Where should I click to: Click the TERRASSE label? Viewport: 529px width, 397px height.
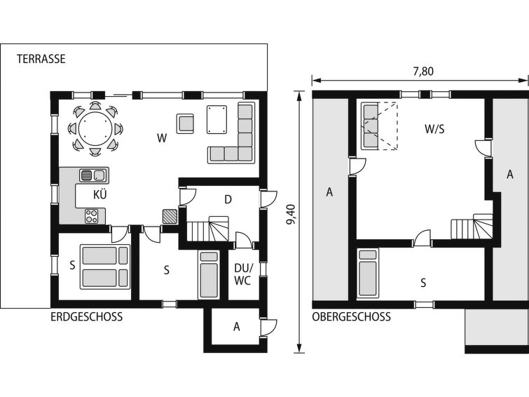point(41,59)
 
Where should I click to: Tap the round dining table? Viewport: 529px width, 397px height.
point(95,129)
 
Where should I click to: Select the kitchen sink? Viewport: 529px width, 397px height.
point(93,175)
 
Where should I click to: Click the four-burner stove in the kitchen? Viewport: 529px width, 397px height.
point(91,216)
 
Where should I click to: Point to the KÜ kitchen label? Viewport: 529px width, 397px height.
point(100,195)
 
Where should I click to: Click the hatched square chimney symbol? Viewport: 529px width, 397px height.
point(170,216)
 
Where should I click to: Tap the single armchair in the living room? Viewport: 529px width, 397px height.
point(185,123)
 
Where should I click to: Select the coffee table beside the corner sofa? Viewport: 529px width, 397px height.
point(217,119)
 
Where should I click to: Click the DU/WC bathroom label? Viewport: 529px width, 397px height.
point(244,275)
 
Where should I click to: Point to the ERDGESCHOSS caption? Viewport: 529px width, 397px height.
point(87,317)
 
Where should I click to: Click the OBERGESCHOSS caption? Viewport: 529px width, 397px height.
point(351,317)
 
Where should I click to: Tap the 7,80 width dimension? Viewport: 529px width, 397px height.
point(423,72)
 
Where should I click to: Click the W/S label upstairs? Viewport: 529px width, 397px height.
point(434,129)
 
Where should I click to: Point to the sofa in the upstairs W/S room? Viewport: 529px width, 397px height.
point(370,126)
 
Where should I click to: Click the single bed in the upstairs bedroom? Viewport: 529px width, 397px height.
point(368,274)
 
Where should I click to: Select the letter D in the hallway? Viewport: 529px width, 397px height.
point(228,200)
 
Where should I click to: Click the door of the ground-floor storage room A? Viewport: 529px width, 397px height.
point(268,327)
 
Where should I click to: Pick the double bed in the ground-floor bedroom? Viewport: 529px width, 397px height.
point(105,267)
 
